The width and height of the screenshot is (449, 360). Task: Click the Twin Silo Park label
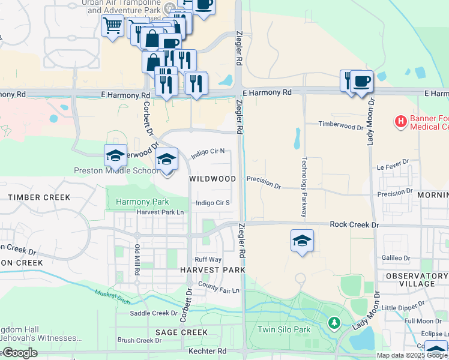point(284,329)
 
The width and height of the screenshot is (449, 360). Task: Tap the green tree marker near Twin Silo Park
point(334,323)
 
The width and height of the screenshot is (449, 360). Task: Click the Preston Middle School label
point(116,170)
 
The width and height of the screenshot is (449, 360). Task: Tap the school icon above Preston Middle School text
point(115,156)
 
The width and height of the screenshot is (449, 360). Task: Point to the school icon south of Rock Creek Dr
point(302,241)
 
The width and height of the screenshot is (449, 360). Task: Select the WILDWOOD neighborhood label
point(212,179)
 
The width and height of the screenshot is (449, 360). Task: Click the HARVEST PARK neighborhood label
point(212,271)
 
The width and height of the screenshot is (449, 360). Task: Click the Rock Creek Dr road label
point(355,224)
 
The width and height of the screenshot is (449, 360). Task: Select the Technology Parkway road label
point(304,187)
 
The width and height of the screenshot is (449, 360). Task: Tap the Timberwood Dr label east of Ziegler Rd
point(340,127)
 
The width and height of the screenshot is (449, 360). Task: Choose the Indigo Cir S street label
point(213,203)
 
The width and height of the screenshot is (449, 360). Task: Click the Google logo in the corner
point(20,353)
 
